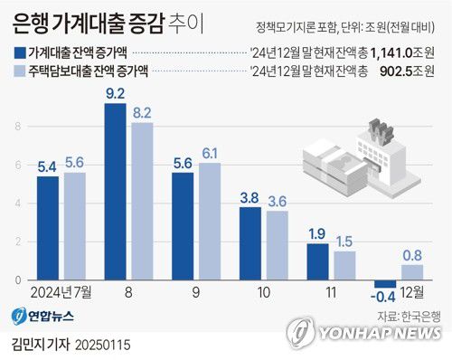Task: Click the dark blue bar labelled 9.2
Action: (x=115, y=192)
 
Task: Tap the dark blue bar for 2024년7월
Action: (x=48, y=228)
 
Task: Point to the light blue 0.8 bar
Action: (x=411, y=272)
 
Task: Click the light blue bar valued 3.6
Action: (x=277, y=245)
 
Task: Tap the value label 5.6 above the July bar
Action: (x=74, y=163)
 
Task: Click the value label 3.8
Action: (x=250, y=198)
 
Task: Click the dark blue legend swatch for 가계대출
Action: (x=21, y=52)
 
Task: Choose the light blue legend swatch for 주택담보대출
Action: (x=21, y=71)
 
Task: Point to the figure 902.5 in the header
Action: (x=402, y=71)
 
